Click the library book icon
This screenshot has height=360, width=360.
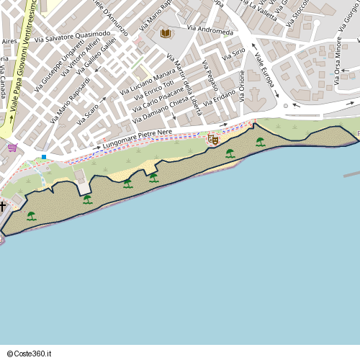(166, 33)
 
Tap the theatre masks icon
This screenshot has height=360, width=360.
(212, 139)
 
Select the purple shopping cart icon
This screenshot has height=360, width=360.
(12, 148)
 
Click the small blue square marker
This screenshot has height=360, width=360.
(44, 157)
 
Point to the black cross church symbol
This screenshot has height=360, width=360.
(3, 207)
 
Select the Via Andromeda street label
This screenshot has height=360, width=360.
(210, 31)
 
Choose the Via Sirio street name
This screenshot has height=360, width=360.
(234, 53)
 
